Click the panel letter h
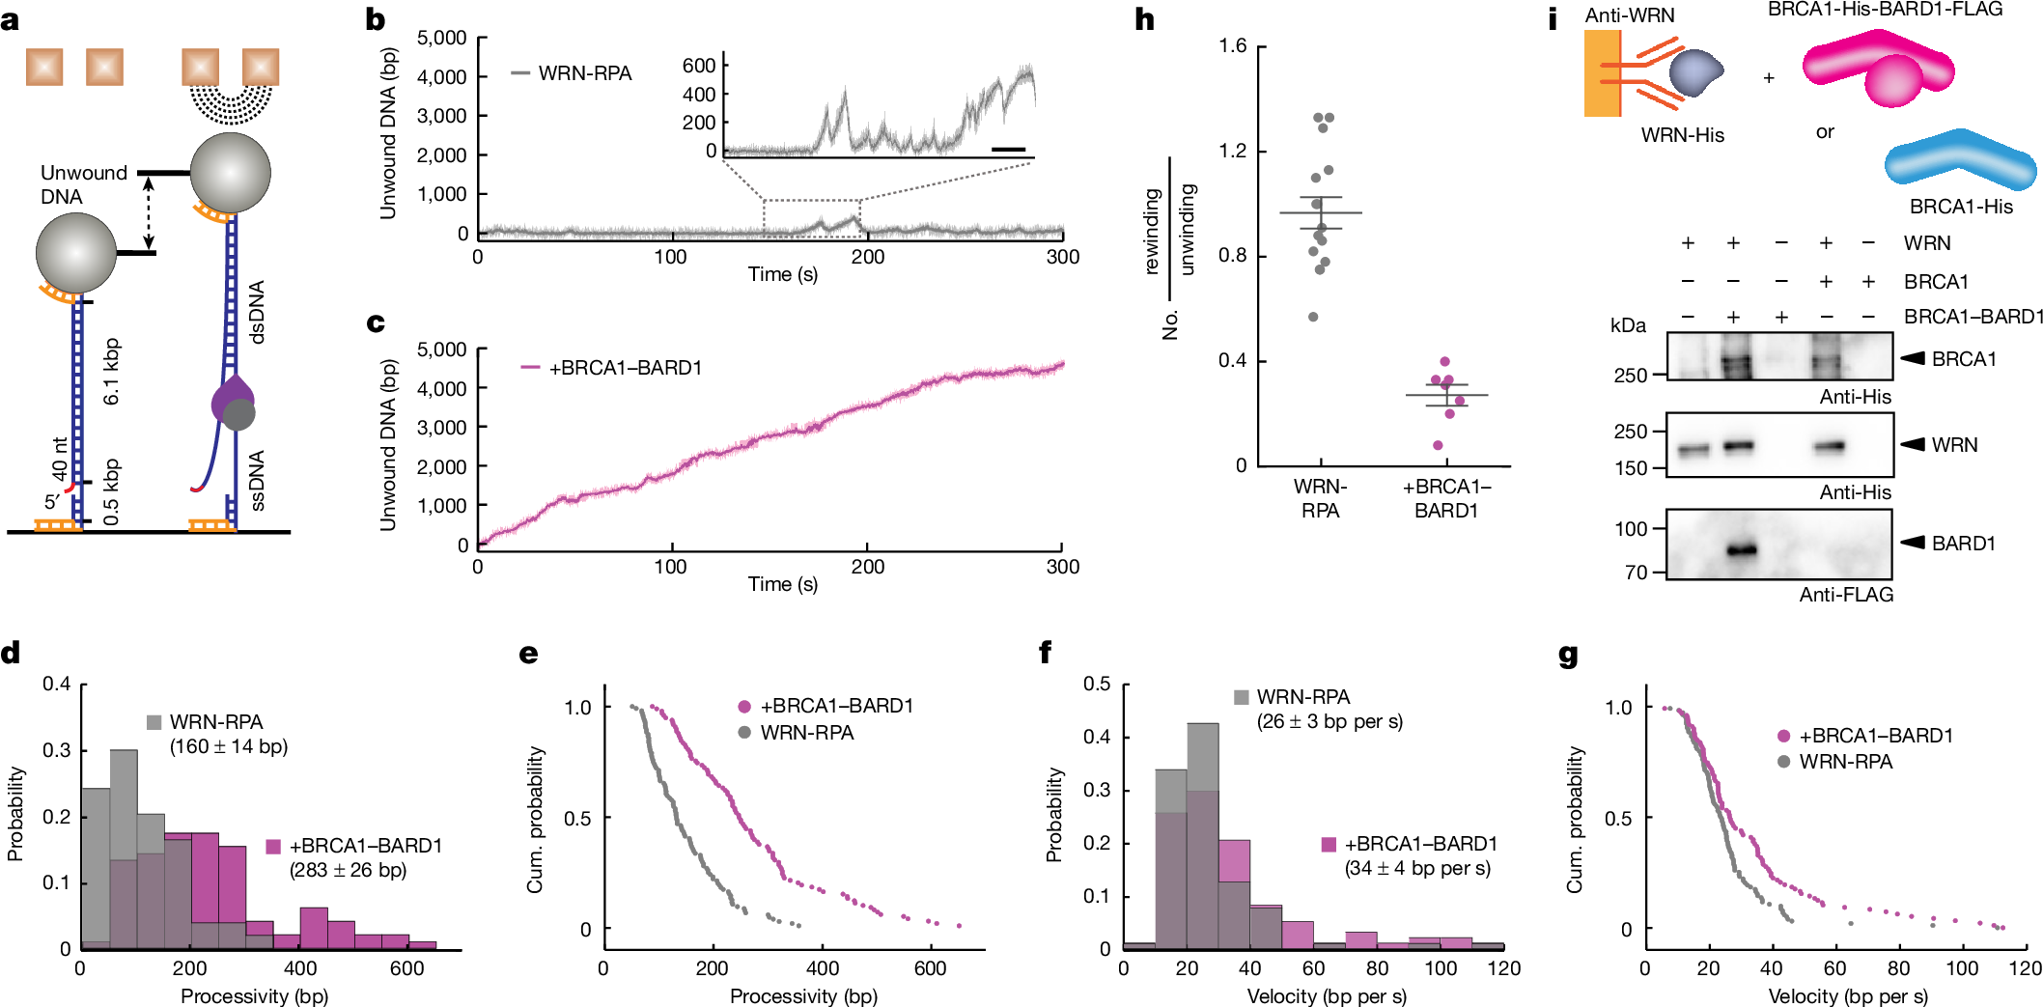pos(1144,19)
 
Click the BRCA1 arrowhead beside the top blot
pos(1913,358)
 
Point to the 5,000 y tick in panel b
pos(441,38)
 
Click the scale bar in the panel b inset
pos(1008,150)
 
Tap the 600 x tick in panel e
pos(930,968)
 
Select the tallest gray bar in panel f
pos(1202,835)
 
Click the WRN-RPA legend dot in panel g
pos(1782,762)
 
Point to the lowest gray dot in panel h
pos(1313,317)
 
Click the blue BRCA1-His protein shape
pos(1960,162)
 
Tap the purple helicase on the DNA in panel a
pos(233,399)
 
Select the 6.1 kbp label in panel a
pos(111,371)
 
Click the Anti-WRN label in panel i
pos(1630,15)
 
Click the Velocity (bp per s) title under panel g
pos(1847,996)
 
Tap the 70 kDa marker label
pos(1636,573)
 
